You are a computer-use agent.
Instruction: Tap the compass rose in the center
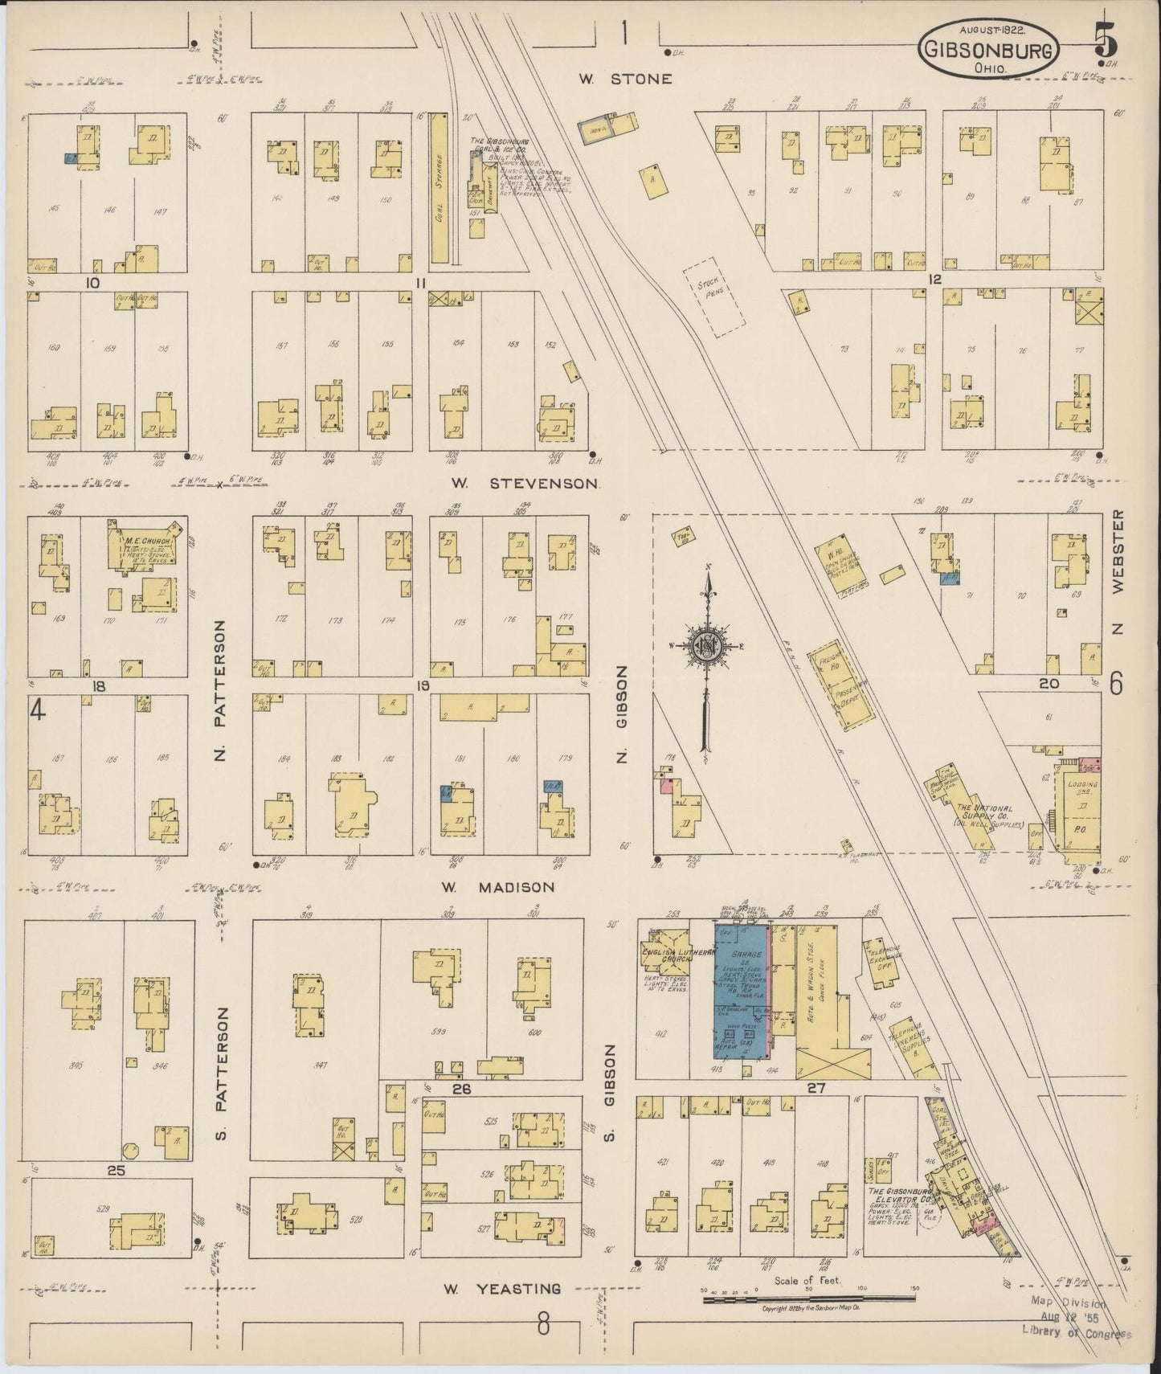point(706,644)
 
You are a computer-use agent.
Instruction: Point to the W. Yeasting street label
point(502,1288)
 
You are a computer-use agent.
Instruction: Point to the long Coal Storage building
point(439,188)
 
